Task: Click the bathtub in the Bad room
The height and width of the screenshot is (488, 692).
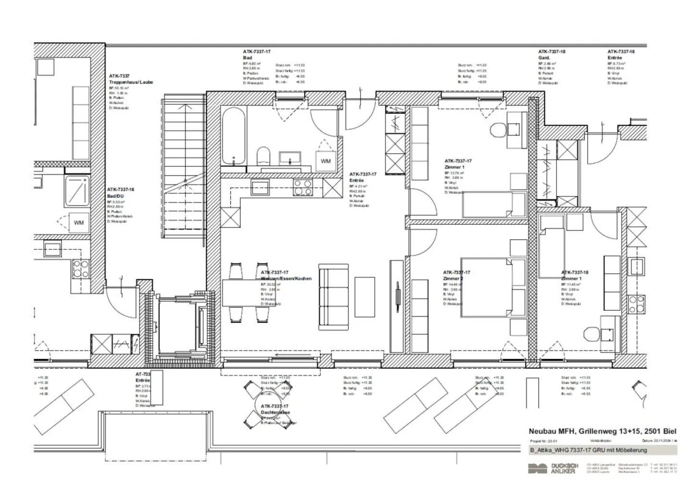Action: point(234,136)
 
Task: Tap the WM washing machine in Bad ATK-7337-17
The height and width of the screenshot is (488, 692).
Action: point(325,161)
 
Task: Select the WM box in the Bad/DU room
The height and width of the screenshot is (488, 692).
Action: point(78,222)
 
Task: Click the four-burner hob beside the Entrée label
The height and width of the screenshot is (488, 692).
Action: point(303,187)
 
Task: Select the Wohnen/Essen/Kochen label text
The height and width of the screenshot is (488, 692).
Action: point(286,279)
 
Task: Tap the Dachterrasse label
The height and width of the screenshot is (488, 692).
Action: point(275,413)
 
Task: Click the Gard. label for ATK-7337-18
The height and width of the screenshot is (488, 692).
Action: point(544,58)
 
